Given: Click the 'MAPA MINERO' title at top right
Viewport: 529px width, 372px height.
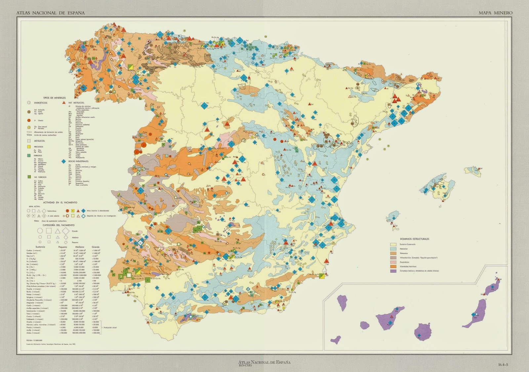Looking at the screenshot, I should (496, 13).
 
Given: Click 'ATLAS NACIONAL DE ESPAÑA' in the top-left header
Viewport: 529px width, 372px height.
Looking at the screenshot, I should (50, 13).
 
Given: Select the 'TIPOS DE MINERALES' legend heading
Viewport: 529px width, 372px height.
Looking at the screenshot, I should (55, 98).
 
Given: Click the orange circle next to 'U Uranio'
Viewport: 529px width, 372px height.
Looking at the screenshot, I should (29, 120).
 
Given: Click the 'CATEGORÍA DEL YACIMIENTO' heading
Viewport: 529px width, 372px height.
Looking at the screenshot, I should (54, 225).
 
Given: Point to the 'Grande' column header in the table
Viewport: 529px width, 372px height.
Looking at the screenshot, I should (96, 247).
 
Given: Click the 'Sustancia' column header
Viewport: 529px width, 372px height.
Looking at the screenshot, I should (40, 247).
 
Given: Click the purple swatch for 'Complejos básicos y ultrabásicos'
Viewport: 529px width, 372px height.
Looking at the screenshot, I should (393, 271).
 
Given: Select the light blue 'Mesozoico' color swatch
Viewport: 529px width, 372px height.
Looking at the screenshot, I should (393, 249).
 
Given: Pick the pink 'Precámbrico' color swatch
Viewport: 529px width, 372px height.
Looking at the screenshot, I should (393, 262).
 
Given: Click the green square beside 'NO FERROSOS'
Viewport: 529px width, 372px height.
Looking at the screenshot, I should (29, 177).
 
